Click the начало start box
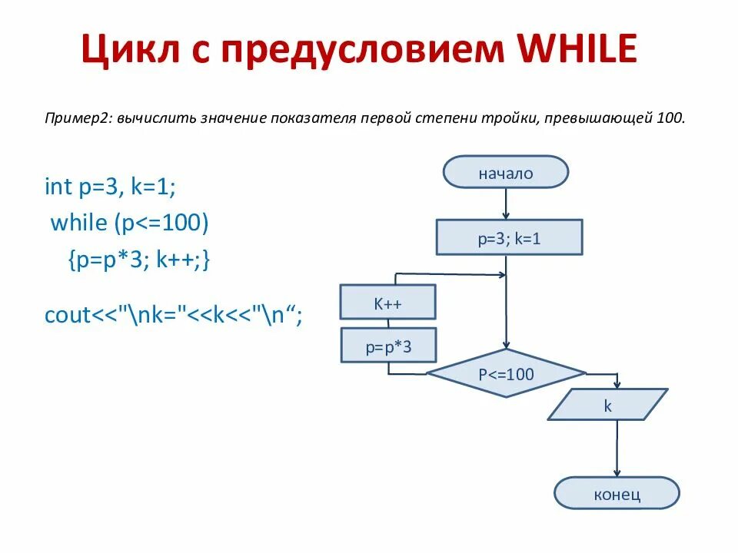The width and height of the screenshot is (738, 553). tap(505, 173)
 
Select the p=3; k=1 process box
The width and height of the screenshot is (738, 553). tap(509, 237)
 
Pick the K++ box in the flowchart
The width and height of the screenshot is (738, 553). tap(388, 303)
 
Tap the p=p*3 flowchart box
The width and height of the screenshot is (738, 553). tap(388, 346)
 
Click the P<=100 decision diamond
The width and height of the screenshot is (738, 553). tap(506, 375)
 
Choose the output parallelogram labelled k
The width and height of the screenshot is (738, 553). tap(607, 405)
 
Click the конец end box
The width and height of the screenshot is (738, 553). tap(617, 493)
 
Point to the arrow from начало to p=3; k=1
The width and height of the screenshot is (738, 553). tap(506, 204)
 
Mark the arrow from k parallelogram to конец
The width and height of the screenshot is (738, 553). tap(617, 449)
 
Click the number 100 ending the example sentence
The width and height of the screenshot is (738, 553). tap(669, 118)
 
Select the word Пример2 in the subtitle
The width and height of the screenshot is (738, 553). tap(77, 118)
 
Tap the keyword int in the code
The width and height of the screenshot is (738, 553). tap(58, 187)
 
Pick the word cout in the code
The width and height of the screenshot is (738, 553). tap(68, 314)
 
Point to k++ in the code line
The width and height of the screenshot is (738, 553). tap(178, 260)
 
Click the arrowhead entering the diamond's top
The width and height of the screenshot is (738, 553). tap(506, 346)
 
